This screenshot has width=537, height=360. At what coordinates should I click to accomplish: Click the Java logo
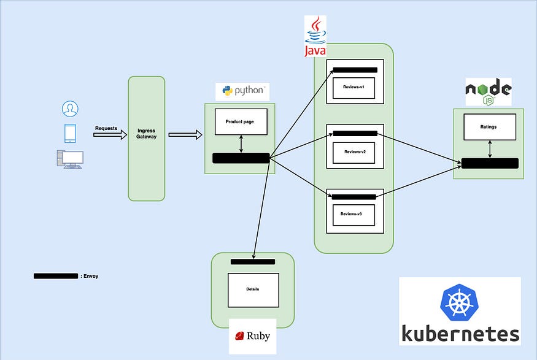click(315, 37)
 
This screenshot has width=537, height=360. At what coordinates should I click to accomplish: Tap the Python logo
click(242, 91)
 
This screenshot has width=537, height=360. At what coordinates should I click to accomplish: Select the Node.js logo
click(488, 92)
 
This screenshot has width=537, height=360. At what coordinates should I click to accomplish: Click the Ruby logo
click(252, 335)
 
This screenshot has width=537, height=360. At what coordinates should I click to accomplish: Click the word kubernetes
click(460, 334)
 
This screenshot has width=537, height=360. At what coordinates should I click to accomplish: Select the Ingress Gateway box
click(146, 138)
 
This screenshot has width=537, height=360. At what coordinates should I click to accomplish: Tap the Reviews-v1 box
click(354, 87)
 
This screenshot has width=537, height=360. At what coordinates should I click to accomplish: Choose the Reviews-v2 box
click(354, 152)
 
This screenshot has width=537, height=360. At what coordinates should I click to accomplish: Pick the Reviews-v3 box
click(354, 215)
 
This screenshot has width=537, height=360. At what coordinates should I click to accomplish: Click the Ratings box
click(489, 127)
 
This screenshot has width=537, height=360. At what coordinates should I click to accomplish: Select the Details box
click(253, 290)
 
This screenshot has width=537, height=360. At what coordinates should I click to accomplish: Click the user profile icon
click(70, 109)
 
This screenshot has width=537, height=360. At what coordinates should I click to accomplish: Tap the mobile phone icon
click(70, 134)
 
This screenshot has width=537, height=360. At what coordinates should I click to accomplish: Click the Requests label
click(106, 129)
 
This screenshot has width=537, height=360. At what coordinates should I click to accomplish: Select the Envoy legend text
click(90, 277)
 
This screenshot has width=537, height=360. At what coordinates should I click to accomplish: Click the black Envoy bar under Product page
click(241, 158)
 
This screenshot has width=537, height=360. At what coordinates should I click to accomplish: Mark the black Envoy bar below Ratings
click(490, 163)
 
